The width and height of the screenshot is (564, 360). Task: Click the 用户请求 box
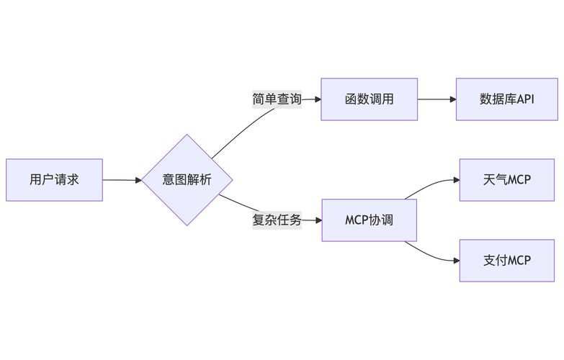[54, 180]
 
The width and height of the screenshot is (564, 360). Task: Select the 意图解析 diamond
[187, 180]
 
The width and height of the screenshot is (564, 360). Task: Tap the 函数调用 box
[369, 99]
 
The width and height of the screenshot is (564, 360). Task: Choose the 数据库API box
[506, 99]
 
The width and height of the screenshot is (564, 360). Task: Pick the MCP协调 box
[369, 220]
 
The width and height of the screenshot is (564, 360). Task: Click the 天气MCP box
[506, 180]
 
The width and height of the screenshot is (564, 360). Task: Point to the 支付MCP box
[506, 261]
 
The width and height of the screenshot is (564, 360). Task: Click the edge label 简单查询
[277, 99]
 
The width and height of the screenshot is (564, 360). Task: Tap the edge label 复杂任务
[277, 220]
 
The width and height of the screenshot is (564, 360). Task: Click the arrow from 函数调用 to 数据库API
[436, 99]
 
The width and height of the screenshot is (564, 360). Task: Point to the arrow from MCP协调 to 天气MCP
[432, 184]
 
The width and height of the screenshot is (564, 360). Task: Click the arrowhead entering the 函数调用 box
[317, 99]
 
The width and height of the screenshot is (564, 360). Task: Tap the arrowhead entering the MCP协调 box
[317, 220]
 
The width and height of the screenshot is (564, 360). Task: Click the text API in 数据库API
[525, 99]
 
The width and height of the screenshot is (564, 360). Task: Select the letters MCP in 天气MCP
[519, 180]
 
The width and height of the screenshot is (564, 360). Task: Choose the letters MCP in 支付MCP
[519, 261]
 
